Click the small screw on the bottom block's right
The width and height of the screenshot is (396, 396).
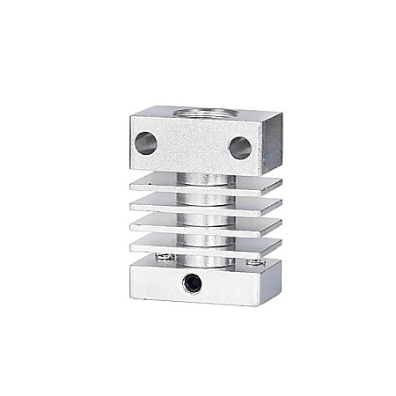(x=254, y=261)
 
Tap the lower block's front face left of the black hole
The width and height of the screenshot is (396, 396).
(x=154, y=282)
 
